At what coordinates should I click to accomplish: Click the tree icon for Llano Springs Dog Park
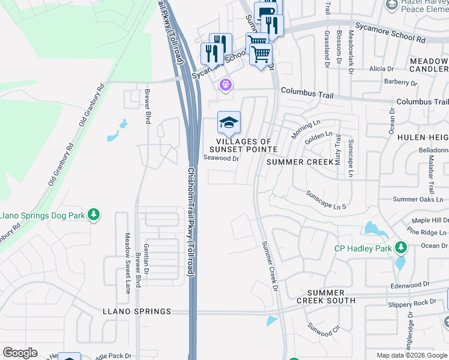coord(93,214)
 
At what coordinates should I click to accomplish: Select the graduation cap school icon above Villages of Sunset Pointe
coord(228,123)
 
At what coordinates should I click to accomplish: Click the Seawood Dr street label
coord(221,158)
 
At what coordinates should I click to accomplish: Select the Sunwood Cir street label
coord(324,329)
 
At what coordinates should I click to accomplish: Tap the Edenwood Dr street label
coord(411,284)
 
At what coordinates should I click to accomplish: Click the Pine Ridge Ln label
coord(426,232)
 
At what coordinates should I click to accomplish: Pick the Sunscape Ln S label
coord(327,200)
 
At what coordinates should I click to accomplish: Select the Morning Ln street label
coord(306,130)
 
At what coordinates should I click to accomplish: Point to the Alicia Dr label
coord(381,69)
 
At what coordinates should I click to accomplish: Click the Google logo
coord(20,353)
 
